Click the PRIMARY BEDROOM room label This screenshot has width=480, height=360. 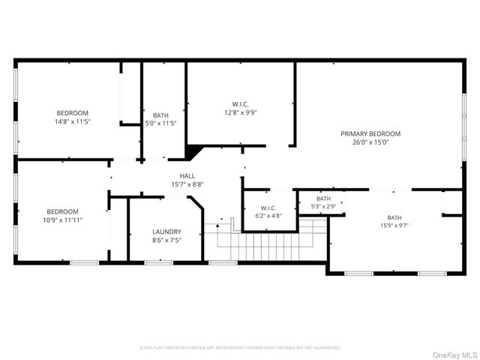pyautogui.click(x=370, y=133)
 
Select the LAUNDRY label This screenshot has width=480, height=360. pyautogui.click(x=166, y=232)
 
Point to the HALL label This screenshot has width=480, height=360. pyautogui.click(x=187, y=175)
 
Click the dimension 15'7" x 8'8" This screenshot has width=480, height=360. pyautogui.click(x=187, y=184)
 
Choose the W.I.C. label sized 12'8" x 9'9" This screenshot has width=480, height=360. pyautogui.click(x=240, y=104)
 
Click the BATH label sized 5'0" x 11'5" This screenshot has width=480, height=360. pyautogui.click(x=160, y=115)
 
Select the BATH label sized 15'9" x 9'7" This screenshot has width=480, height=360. pyautogui.click(x=394, y=217)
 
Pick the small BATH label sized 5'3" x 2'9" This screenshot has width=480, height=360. pyautogui.click(x=322, y=199)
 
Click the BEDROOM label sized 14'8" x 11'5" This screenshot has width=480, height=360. pyautogui.click(x=72, y=112)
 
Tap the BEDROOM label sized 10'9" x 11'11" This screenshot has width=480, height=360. pyautogui.click(x=64, y=211)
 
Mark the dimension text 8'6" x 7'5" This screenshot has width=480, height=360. pyautogui.click(x=166, y=241)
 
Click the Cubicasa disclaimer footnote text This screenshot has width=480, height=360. pyautogui.click(x=240, y=348)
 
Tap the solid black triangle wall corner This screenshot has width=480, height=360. pyautogui.click(x=193, y=152)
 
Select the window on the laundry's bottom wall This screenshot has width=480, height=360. pyautogui.click(x=158, y=262)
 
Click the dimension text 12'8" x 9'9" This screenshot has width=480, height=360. pyautogui.click(x=240, y=113)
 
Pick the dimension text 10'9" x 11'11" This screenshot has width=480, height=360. pyautogui.click(x=64, y=220)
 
